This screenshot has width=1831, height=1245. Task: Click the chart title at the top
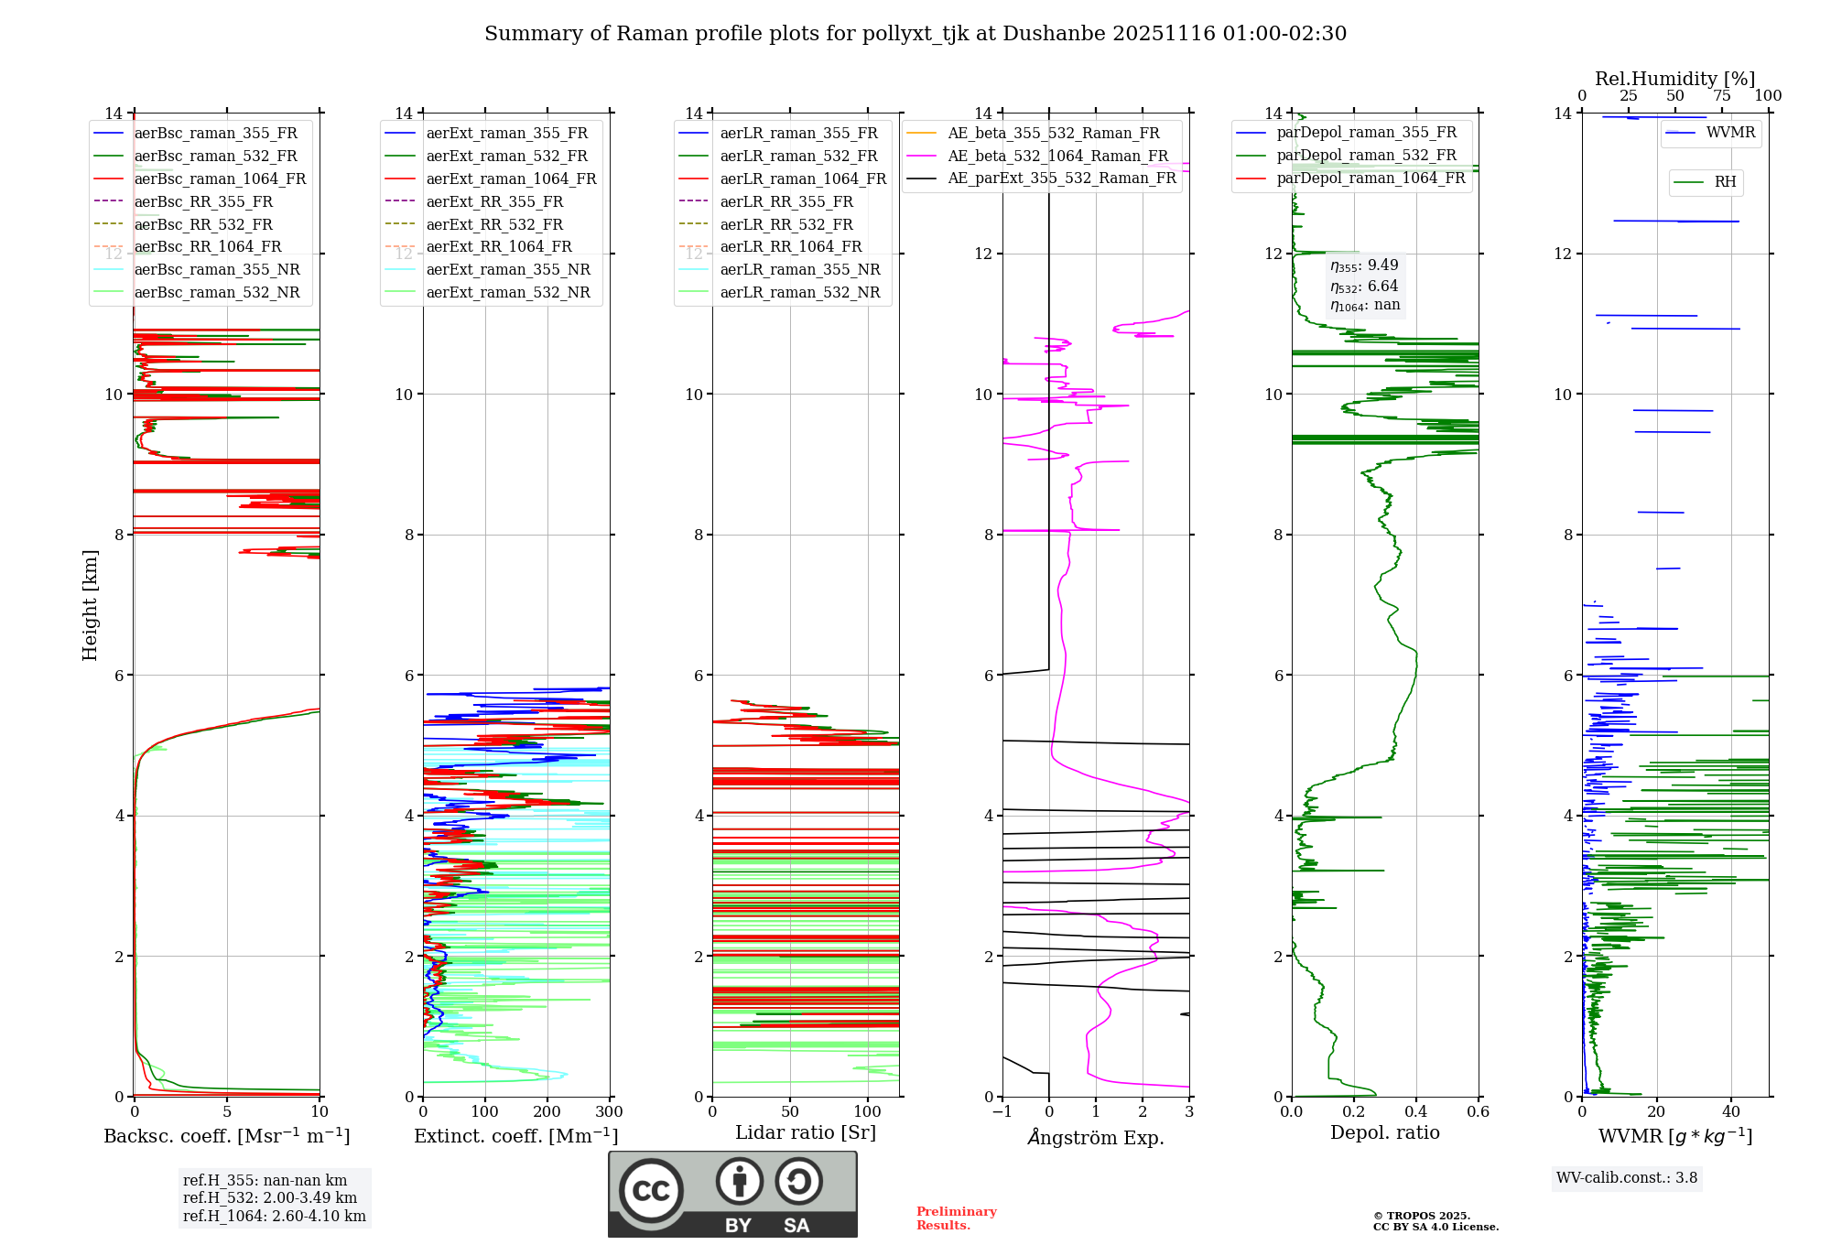pyautogui.click(x=915, y=34)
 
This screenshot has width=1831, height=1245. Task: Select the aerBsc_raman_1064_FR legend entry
pyautogui.click(x=220, y=179)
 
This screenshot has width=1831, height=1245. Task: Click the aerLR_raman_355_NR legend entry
pyautogui.click(x=799, y=270)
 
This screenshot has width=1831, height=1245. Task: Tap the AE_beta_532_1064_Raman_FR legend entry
pyautogui.click(x=1057, y=157)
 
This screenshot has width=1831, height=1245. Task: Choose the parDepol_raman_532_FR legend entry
pyautogui.click(x=1366, y=156)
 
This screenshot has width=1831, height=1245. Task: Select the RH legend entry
pyautogui.click(x=1725, y=182)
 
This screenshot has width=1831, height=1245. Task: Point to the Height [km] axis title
pyautogui.click(x=90, y=605)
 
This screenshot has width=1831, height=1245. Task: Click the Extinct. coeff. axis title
pyautogui.click(x=516, y=1136)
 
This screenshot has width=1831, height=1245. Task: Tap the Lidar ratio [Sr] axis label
pyautogui.click(x=806, y=1132)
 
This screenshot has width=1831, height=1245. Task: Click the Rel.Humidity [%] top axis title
pyautogui.click(x=1674, y=79)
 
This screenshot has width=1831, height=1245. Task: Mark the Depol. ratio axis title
pyautogui.click(x=1384, y=1132)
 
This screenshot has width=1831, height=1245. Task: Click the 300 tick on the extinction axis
pyautogui.click(x=609, y=1112)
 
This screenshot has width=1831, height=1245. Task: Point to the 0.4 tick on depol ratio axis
pyautogui.click(x=1416, y=1112)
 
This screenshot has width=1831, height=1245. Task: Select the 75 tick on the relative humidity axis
pyautogui.click(x=1721, y=96)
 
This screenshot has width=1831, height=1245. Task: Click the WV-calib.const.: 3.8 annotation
pyautogui.click(x=1626, y=1178)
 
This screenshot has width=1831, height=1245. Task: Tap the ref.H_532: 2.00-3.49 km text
pyautogui.click(x=270, y=1198)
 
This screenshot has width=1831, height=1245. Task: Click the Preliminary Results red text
pyautogui.click(x=956, y=1218)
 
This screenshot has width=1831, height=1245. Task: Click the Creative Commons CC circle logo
pyautogui.click(x=651, y=1191)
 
